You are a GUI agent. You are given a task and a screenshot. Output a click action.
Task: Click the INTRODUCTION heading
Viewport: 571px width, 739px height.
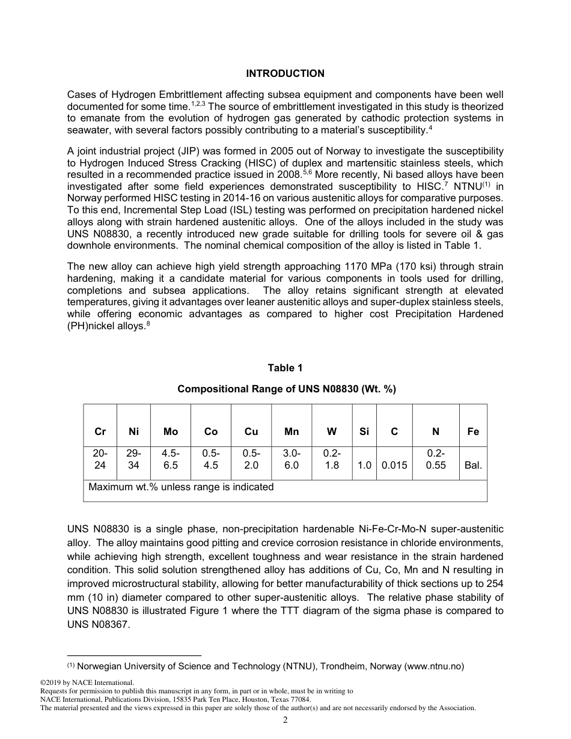285,73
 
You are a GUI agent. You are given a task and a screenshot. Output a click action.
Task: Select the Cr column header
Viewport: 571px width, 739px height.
100,431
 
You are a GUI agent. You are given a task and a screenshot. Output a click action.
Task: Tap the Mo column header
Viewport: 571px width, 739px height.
171,431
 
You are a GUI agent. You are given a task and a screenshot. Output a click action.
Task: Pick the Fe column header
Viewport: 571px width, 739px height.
473,431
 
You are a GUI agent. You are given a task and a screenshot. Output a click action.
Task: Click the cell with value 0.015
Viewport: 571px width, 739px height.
394,465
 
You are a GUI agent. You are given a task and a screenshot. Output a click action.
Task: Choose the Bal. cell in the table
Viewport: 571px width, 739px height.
473,465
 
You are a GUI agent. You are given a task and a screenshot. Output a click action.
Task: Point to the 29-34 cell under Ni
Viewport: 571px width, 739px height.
133,460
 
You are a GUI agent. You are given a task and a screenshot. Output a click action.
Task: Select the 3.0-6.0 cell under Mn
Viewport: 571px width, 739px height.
292,460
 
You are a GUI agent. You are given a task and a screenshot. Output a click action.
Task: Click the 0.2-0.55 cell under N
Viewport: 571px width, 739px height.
436,460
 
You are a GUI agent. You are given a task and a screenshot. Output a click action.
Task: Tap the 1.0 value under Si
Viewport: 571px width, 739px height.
364,465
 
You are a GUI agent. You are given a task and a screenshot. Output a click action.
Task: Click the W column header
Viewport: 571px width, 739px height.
332,431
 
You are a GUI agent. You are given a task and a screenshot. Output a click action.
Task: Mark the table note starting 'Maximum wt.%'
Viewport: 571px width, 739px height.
181,487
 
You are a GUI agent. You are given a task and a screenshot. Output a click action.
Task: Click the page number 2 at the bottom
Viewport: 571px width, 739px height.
285,720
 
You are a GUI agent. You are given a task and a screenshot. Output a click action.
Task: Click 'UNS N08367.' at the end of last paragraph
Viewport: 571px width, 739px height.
98,624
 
